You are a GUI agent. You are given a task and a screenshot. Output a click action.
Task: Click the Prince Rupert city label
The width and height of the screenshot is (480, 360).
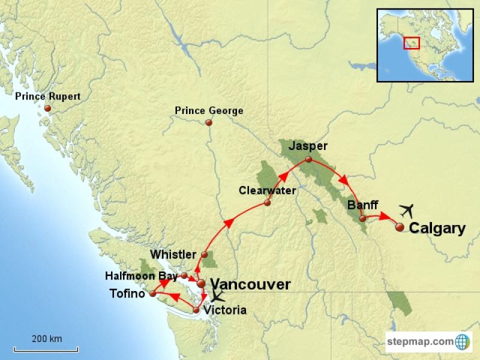(x=47, y=96)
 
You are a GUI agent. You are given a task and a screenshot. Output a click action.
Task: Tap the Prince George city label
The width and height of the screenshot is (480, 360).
(x=209, y=110)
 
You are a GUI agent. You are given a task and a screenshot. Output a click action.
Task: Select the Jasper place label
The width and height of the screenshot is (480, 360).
(x=308, y=146)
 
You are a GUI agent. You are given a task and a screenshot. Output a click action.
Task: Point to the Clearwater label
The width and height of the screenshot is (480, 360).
(x=267, y=190)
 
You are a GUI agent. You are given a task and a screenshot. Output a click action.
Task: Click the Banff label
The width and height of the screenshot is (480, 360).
(x=362, y=205)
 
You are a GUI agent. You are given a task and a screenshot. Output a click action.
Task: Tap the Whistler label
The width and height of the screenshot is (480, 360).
(x=173, y=254)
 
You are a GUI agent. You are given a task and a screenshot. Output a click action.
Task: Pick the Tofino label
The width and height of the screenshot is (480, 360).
(x=127, y=293)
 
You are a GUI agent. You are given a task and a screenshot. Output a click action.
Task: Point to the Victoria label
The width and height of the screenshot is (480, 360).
(x=225, y=310)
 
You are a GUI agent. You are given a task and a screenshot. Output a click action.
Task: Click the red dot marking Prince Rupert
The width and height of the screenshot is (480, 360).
(x=47, y=109)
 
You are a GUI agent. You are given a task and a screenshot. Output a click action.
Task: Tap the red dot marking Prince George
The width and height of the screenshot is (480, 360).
(x=209, y=122)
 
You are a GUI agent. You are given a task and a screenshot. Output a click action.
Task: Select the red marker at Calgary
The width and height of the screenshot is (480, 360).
(x=400, y=227)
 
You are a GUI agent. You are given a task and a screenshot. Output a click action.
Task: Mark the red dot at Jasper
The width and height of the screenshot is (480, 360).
(x=308, y=160)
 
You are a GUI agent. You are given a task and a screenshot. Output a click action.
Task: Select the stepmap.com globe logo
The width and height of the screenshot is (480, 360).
(x=463, y=341)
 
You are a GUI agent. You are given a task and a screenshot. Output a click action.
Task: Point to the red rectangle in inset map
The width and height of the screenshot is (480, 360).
(x=411, y=43)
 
